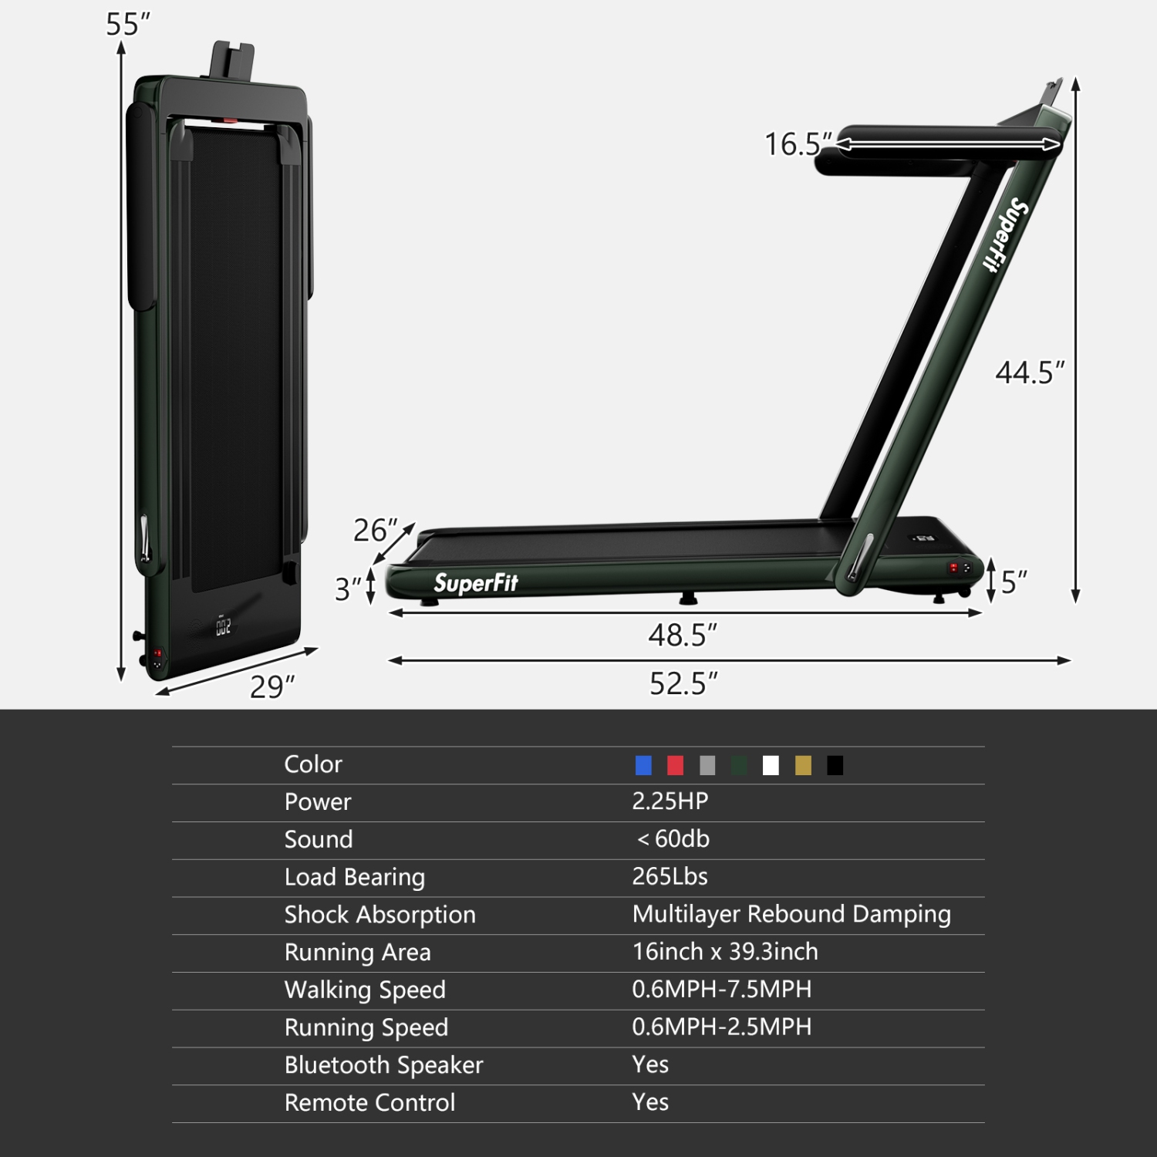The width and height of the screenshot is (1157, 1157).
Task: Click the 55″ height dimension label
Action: (x=127, y=25)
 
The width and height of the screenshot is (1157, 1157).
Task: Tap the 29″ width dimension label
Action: (x=272, y=686)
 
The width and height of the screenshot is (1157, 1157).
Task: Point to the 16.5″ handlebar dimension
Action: (x=798, y=144)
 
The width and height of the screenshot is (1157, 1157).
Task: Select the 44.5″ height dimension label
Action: (x=1029, y=373)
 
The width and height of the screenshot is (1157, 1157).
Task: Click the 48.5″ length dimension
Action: (x=682, y=636)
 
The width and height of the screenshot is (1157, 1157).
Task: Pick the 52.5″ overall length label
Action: (x=683, y=683)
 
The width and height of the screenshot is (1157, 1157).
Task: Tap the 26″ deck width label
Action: (x=375, y=531)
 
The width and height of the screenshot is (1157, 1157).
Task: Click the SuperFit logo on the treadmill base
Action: (x=476, y=583)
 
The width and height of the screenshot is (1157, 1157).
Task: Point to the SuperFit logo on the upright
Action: (x=1005, y=234)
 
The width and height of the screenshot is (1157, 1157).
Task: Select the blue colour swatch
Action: (x=643, y=765)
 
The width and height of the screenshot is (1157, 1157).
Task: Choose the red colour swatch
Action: (x=675, y=765)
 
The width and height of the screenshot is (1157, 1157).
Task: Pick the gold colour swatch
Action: (x=803, y=765)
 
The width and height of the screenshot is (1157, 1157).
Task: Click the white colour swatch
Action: (x=771, y=765)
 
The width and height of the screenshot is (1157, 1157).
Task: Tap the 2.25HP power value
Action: (x=670, y=801)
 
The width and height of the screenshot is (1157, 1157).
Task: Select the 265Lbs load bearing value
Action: (x=670, y=876)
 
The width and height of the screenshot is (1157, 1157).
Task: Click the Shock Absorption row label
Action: (x=379, y=915)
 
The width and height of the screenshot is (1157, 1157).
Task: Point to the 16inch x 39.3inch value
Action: (x=725, y=952)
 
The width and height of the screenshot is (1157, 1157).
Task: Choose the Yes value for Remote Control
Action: (x=650, y=1102)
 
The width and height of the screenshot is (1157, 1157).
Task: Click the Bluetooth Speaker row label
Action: (x=383, y=1065)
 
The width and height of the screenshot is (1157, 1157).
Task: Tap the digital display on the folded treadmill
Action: (x=223, y=626)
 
